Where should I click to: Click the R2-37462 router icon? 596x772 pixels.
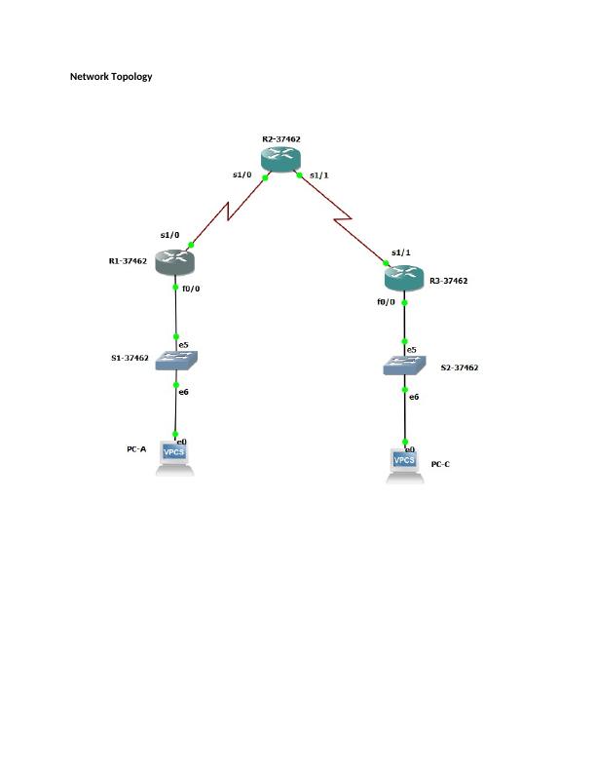point(280,159)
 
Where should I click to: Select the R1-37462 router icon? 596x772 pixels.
point(175,262)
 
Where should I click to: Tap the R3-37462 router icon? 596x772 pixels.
point(404,278)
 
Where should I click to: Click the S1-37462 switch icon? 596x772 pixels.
point(176,361)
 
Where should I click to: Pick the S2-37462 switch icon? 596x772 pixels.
point(404,366)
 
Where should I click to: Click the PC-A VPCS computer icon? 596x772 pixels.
point(174,458)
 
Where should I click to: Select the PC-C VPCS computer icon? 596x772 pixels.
point(405,466)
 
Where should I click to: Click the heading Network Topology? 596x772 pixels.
point(111,76)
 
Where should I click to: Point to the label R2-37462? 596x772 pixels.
point(281,138)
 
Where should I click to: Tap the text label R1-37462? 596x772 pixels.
point(128,261)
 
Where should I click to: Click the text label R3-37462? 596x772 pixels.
point(449,281)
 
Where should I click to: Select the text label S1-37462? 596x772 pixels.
point(130,358)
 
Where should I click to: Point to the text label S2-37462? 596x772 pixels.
point(460,367)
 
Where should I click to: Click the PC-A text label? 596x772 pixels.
point(136,449)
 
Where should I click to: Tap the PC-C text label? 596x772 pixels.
point(440,464)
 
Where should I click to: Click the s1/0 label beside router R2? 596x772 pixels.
point(242,174)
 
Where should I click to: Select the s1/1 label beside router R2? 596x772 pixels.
point(319,174)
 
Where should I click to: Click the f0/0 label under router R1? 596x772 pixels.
point(191,289)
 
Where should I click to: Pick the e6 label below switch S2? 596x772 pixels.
point(414,397)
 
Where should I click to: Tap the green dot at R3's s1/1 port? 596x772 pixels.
point(386,263)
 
